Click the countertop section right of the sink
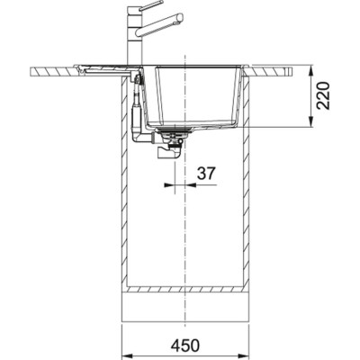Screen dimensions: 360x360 [279, 70]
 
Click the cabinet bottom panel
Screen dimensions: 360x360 [184, 292]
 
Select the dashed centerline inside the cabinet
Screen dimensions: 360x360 [184, 225]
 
